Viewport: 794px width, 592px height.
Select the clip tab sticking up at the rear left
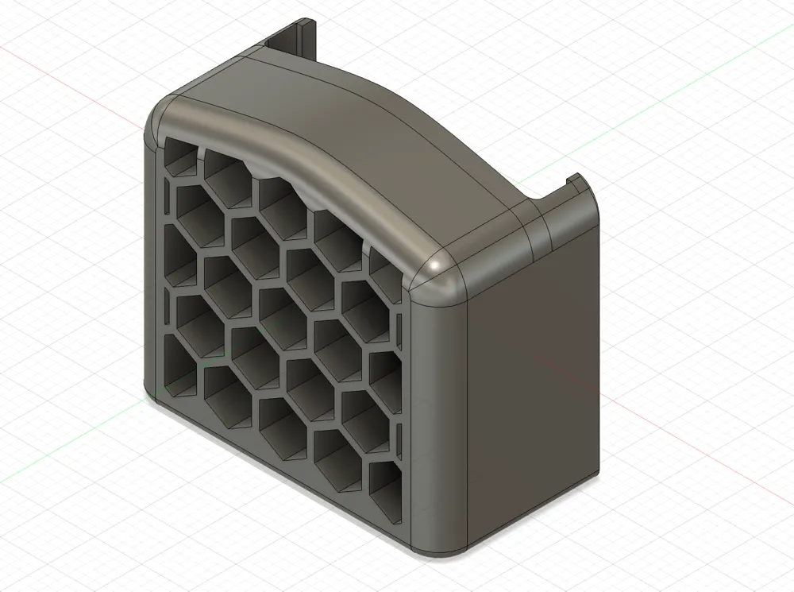293,41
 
